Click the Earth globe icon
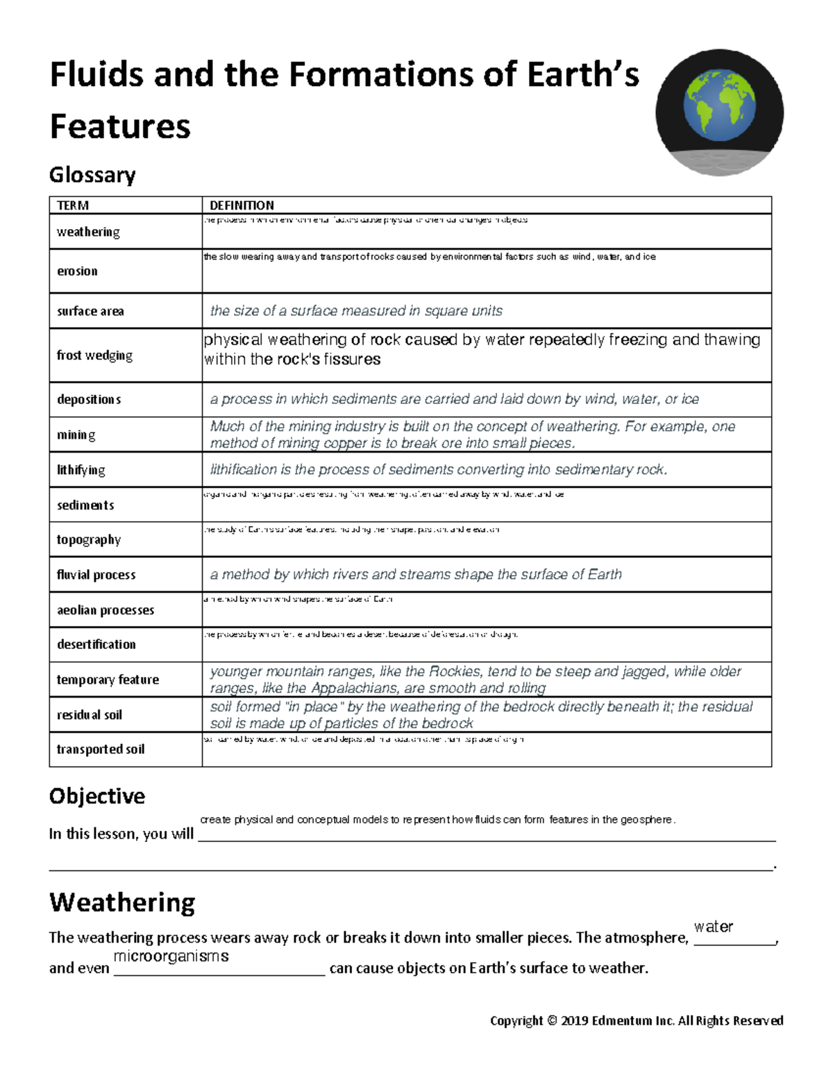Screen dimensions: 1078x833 718,111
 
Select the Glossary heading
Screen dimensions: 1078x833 92,174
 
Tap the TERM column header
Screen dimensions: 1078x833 73,205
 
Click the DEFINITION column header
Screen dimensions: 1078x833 242,205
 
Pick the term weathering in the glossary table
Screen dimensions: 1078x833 88,232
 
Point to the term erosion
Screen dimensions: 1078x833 77,271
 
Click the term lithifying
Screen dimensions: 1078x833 81,470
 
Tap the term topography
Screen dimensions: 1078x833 89,540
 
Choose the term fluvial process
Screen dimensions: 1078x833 96,575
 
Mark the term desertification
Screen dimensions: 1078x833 96,644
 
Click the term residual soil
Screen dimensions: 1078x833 90,715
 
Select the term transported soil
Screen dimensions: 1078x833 101,750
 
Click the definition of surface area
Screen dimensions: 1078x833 356,311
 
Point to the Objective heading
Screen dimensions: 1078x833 97,796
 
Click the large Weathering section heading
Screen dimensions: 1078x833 122,902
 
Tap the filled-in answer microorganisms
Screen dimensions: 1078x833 171,956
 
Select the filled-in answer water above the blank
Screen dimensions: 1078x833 714,927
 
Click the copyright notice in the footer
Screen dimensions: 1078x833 637,1020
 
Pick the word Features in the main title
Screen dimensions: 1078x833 120,126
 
